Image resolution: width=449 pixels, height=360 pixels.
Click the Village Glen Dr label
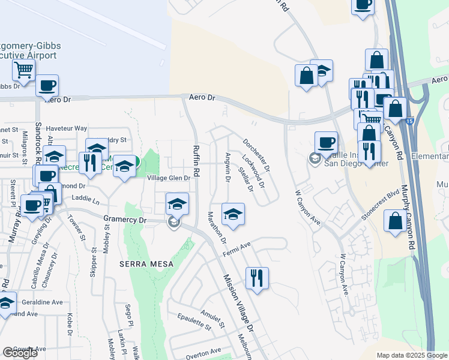coord(169,178)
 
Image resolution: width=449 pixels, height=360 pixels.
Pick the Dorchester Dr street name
coord(256,155)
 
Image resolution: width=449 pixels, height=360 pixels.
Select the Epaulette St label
coord(191,322)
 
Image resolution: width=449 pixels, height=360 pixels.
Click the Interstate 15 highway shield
coord(409,121)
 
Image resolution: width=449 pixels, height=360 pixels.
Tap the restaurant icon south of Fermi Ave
coord(257,278)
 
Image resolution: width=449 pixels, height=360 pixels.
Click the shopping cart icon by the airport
coord(23,70)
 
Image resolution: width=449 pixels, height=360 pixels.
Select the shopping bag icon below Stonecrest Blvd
coord(396,220)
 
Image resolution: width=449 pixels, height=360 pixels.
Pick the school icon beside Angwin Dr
coord(233,213)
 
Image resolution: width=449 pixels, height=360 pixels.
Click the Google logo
coord(20,353)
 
